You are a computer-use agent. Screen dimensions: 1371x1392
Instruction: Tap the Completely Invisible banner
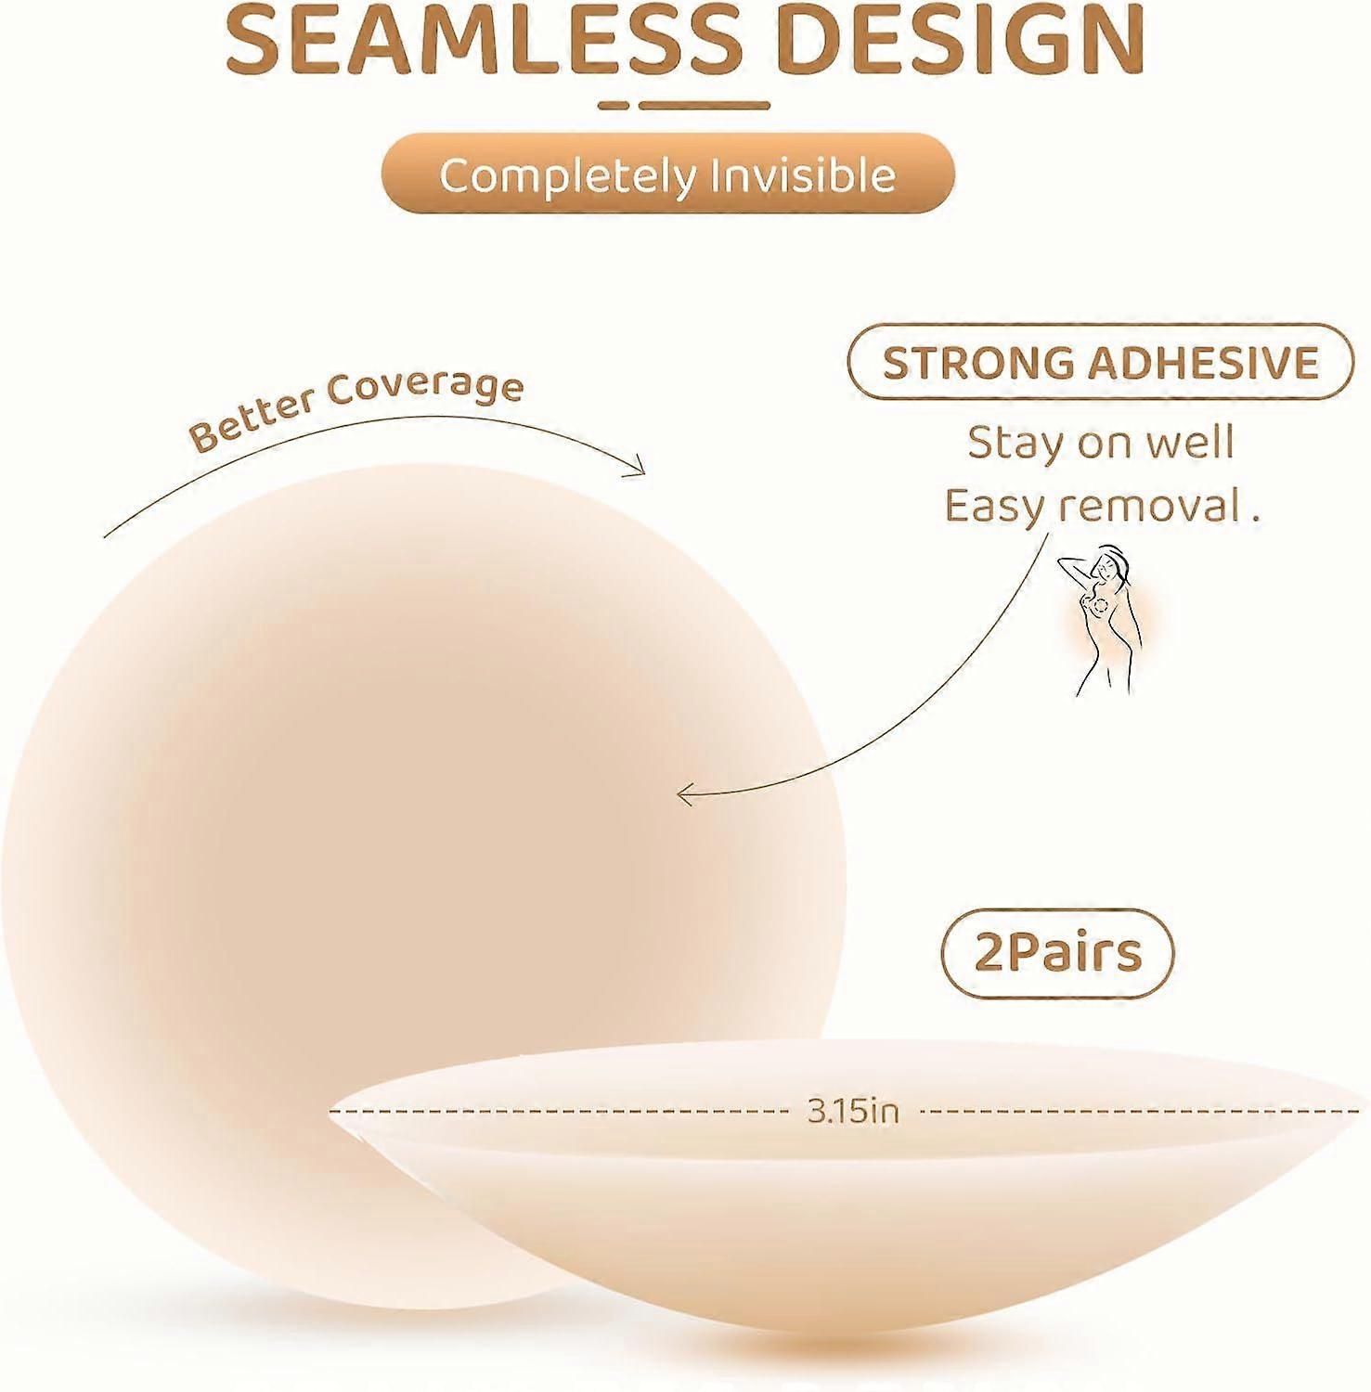[x=668, y=174]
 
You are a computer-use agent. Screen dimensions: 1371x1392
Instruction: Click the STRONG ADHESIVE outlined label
[x=1100, y=363]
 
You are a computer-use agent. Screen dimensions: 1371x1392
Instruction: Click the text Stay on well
[x=1101, y=443]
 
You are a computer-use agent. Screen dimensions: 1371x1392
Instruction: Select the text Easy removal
[x=1102, y=507]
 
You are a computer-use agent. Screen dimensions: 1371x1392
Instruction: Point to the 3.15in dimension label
[x=853, y=1110]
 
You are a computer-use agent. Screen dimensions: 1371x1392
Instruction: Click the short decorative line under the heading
[x=684, y=105]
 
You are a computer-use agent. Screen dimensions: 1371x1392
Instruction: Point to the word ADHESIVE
[x=1203, y=363]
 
